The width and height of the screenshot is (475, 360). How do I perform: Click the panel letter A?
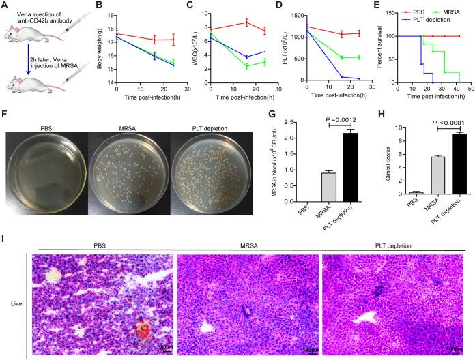click(5, 6)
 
